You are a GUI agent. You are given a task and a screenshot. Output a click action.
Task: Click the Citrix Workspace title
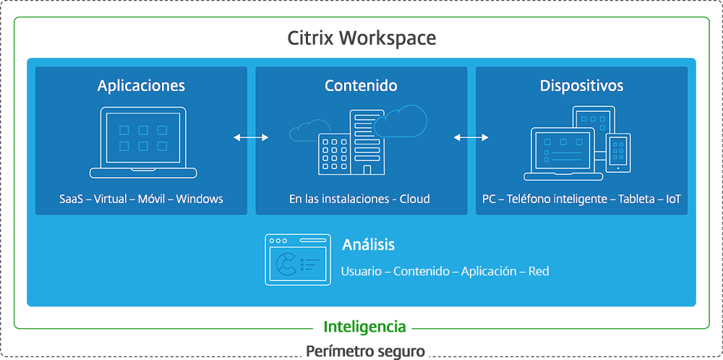[361, 38]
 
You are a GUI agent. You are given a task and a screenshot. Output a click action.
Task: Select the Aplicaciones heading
[141, 86]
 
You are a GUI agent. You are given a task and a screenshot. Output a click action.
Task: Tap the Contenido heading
[361, 86]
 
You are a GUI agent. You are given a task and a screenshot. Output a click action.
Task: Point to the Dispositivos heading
[581, 86]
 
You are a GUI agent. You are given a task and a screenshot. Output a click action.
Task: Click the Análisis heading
[369, 244]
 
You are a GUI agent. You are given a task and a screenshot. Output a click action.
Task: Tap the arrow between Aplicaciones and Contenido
[251, 137]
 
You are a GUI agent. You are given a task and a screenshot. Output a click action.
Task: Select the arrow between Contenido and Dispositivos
[471, 137]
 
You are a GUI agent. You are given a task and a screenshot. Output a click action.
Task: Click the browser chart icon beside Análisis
[298, 259]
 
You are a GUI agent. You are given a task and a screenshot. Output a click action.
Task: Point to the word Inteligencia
[364, 327]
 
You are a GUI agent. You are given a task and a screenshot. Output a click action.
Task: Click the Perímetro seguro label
[364, 352]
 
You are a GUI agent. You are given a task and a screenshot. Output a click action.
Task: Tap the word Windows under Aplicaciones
[200, 199]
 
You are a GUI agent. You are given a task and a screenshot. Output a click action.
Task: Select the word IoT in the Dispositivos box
[673, 199]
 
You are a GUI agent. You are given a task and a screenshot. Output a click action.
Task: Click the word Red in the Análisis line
[539, 271]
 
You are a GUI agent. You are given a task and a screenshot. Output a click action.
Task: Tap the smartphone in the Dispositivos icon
[618, 153]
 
